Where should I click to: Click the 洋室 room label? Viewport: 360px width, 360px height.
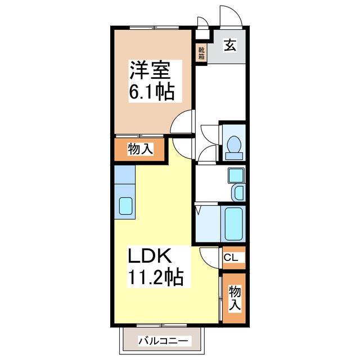tap(148, 71)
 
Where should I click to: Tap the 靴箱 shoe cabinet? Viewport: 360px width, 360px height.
tap(201, 53)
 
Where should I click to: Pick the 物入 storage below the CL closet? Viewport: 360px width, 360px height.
tap(235, 298)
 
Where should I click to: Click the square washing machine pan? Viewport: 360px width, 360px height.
tap(235, 175)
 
